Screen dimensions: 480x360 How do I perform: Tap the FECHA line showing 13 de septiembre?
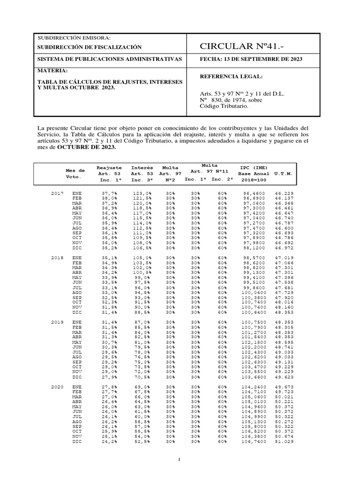[251, 59]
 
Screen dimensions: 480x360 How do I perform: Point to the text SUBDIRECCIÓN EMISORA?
[74, 37]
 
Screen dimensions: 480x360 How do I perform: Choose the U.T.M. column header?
[284, 173]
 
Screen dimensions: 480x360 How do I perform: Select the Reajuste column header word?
[109, 167]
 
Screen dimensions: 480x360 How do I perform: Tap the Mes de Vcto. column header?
[75, 174]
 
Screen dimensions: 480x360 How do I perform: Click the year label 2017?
[57, 193]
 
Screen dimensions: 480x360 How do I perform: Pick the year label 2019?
[57, 323]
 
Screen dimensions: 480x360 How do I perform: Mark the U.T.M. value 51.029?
[284, 441]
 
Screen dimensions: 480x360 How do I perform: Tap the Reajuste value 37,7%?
[109, 193]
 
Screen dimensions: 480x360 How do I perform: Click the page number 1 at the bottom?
[180, 459]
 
